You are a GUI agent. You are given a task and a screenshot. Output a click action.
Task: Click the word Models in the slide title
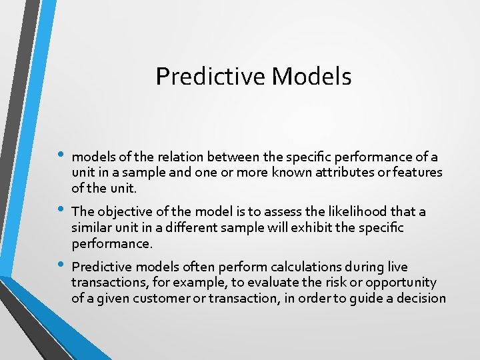[x=312, y=77]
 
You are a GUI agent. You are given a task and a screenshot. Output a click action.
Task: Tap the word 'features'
[x=417, y=172]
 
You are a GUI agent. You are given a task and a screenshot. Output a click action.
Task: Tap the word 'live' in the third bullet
[x=397, y=267]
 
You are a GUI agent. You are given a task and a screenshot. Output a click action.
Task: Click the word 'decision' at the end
[x=419, y=298]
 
